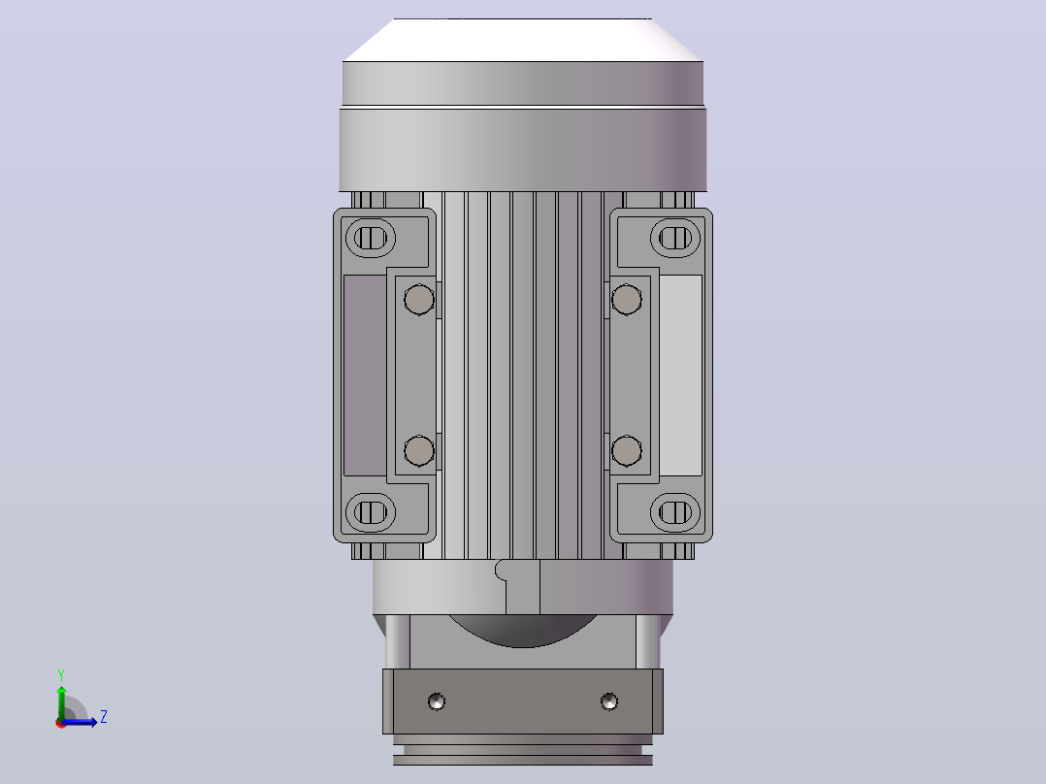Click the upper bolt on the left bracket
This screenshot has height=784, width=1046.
pyautogui.click(x=419, y=299)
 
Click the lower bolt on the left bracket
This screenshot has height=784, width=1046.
pyautogui.click(x=419, y=451)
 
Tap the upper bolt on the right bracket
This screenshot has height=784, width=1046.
pyautogui.click(x=627, y=299)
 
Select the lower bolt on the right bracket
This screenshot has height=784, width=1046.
pyautogui.click(x=627, y=451)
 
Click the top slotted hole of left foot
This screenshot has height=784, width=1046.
pyautogui.click(x=371, y=238)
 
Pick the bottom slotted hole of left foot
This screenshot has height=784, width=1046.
pyautogui.click(x=371, y=512)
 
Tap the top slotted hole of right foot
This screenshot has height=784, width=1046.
pyautogui.click(x=675, y=238)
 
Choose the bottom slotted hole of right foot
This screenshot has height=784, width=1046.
pyautogui.click(x=675, y=512)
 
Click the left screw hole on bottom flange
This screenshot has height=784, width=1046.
pyautogui.click(x=437, y=702)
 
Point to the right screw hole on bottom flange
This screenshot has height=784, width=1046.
pyautogui.click(x=608, y=702)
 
